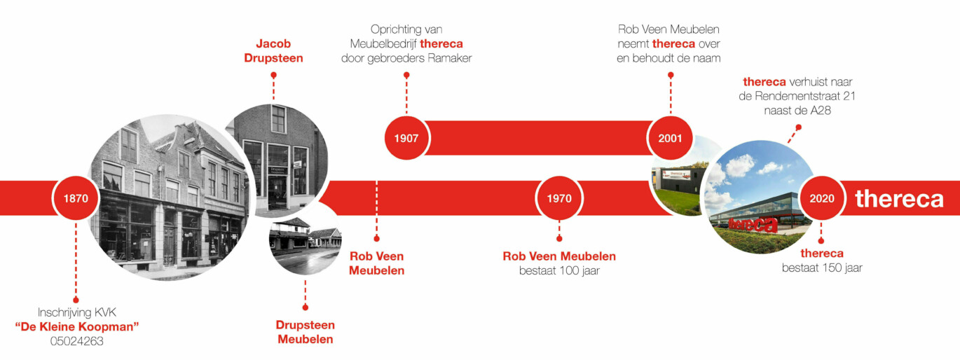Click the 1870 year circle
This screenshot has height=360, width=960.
coord(76,198)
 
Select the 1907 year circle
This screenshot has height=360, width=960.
coord(406,138)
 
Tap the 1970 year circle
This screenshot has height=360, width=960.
coord(559,198)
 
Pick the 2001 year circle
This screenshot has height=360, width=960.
coord(670,138)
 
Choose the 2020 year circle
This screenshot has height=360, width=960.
coord(821,198)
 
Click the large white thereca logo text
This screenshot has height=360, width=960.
coord(899,199)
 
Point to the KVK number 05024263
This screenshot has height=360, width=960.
coord(76,341)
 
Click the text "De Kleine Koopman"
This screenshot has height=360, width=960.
coord(76,326)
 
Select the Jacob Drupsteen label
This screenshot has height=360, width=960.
coord(273,50)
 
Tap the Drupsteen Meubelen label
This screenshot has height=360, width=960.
coord(305,332)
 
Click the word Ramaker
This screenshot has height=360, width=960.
coord(450,58)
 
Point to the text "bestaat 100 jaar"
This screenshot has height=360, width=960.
coord(559,270)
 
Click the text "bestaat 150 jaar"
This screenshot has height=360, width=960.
coord(822,268)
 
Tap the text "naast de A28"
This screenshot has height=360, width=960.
coord(797,110)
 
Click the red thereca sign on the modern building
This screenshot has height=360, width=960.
coord(753,224)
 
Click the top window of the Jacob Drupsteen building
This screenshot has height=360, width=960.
coord(278,118)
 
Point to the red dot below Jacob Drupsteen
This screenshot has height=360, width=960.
coord(273,75)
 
